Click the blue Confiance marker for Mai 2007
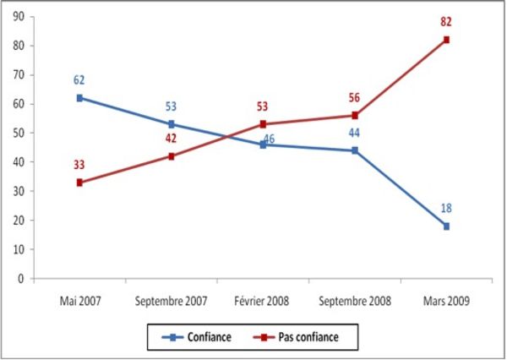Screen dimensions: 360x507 [x=79, y=98]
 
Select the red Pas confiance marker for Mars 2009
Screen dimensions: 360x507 [x=446, y=40]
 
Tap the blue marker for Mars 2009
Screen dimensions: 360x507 [x=446, y=226]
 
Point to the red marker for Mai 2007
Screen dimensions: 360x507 [x=79, y=183]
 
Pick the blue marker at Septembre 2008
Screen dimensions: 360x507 [x=355, y=150]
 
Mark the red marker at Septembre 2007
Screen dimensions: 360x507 [x=172, y=156]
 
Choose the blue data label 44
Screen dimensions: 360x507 [x=355, y=134]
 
